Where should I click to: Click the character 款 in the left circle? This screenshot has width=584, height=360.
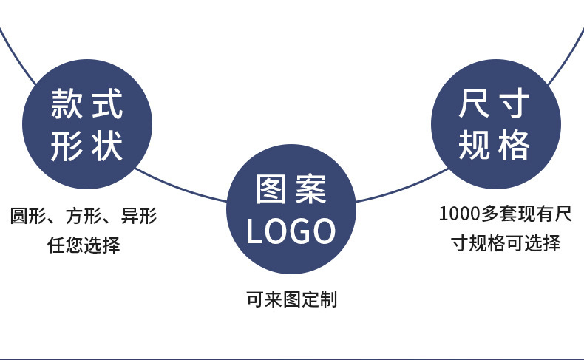pyautogui.click(x=66, y=104)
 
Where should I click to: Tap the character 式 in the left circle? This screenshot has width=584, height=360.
pyautogui.click(x=106, y=104)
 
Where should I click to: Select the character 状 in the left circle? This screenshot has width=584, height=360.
pyautogui.click(x=106, y=146)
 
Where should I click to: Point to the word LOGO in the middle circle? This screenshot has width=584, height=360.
pyautogui.click(x=291, y=231)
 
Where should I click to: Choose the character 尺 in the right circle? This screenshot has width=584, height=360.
pyautogui.click(x=474, y=104)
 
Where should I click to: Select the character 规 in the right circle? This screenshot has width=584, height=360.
pyautogui.click(x=474, y=146)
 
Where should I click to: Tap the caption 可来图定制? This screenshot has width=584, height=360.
pyautogui.click(x=291, y=299)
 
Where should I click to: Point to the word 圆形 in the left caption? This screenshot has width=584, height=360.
pyautogui.click(x=28, y=216)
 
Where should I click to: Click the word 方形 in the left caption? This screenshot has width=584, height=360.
pyautogui.click(x=83, y=216)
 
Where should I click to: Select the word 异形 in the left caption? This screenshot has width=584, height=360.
pyautogui.click(x=139, y=216)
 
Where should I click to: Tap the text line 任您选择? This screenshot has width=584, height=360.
pyautogui.click(x=84, y=245)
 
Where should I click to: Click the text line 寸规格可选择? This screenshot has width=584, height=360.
pyautogui.click(x=506, y=242)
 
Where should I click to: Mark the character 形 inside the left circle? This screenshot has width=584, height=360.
pyautogui.click(x=66, y=146)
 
